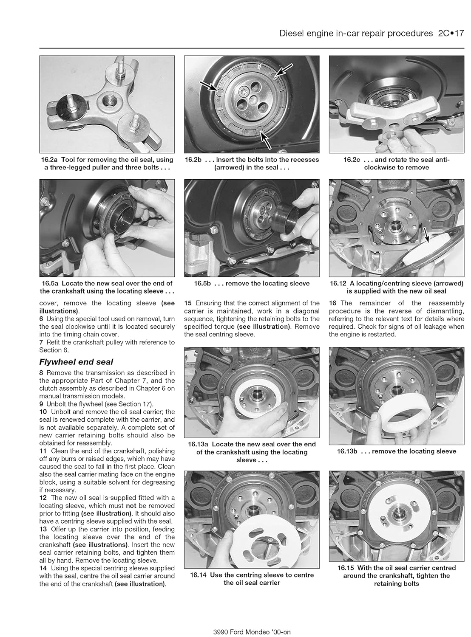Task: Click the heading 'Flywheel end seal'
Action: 76,362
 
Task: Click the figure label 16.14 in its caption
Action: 199,575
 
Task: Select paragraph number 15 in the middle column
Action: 188,303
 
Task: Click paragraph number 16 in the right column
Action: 333,303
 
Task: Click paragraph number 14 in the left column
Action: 43,568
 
